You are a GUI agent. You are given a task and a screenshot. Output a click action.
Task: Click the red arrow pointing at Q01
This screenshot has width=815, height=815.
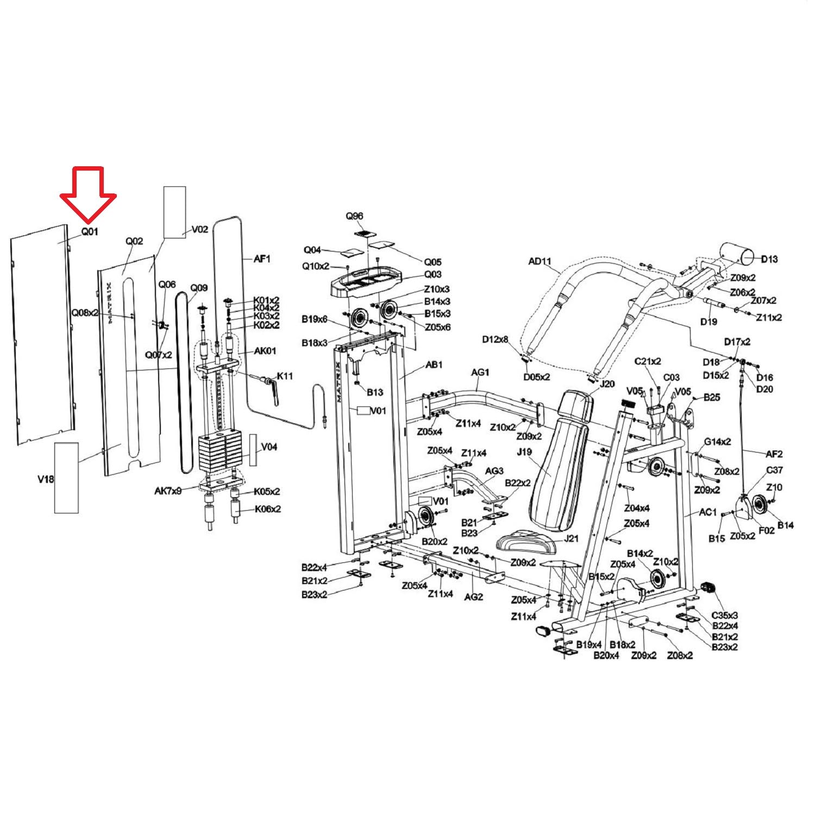88,195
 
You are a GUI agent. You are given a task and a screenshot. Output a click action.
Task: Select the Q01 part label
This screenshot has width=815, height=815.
90,231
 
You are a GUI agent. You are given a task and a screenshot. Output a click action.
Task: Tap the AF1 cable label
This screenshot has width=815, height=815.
262,259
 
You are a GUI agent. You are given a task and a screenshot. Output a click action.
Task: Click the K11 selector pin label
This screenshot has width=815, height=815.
285,376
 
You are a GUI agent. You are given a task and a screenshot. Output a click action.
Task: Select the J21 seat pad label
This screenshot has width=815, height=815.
572,538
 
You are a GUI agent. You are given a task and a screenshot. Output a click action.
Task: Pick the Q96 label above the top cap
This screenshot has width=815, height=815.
355,216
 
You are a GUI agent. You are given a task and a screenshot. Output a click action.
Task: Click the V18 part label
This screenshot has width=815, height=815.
46,480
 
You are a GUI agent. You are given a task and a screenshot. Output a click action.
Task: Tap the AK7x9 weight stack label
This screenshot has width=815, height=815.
168,491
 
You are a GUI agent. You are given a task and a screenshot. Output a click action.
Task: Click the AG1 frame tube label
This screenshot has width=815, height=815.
480,373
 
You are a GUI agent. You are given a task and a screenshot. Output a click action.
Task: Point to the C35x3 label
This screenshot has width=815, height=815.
725,616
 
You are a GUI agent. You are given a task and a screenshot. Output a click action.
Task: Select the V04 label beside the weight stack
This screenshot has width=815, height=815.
269,447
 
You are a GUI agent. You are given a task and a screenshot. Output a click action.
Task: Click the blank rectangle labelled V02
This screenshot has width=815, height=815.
175,212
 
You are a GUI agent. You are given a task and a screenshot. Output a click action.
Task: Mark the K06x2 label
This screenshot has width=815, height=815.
267,509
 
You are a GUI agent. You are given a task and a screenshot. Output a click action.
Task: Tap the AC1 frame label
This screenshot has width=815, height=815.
708,512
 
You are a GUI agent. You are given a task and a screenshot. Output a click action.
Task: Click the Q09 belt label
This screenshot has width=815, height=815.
199,289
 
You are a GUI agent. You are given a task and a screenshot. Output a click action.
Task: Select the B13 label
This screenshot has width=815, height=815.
375,392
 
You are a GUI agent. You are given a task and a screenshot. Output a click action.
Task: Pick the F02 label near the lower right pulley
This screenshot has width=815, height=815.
766,530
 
